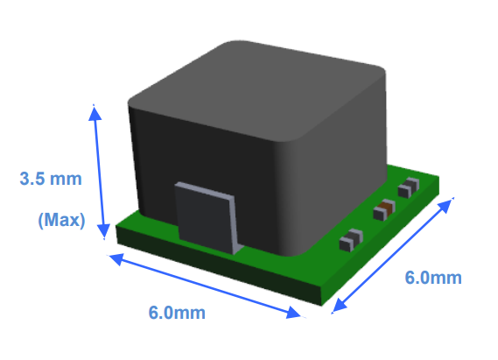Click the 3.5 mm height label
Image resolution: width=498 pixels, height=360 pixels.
50,180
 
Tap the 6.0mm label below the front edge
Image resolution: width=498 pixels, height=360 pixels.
179,313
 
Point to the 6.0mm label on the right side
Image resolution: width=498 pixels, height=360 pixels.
432,278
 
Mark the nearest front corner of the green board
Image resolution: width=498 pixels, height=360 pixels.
315,298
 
